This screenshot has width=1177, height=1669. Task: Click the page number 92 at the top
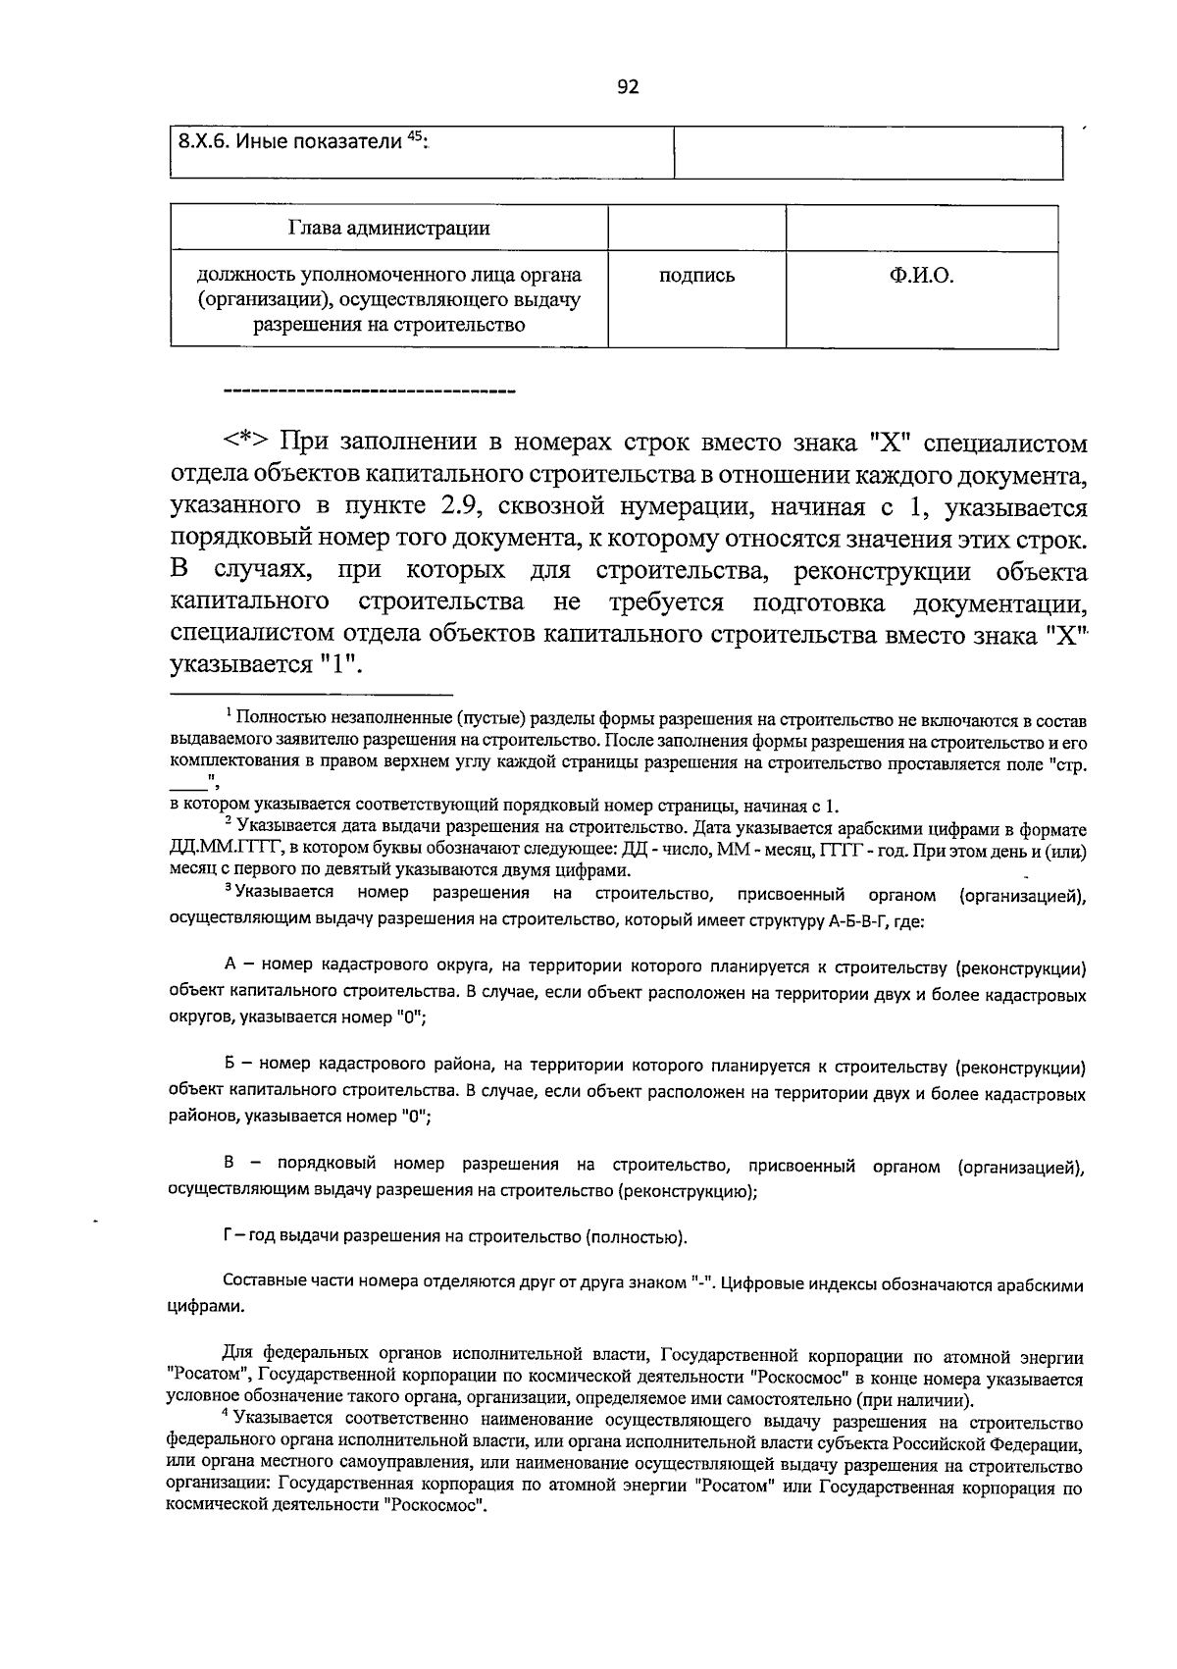coord(628,87)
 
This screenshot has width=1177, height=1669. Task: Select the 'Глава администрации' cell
coord(389,229)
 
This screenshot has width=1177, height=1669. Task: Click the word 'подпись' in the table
coord(696,276)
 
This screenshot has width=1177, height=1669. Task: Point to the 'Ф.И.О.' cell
coord(921,276)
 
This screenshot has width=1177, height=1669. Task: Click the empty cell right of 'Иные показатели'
coord(868,152)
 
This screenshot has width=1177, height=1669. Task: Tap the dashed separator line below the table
coord(370,392)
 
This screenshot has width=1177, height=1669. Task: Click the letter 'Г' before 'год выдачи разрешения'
coord(229,1236)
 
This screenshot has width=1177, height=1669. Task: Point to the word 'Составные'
coord(263,1282)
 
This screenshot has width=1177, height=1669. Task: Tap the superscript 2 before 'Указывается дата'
coord(228,819)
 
